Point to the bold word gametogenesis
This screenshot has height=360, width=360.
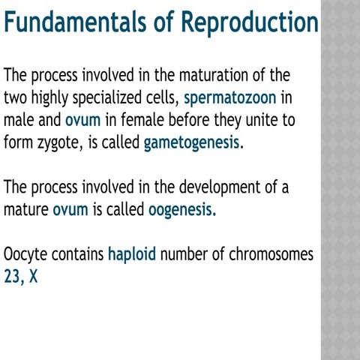click(x=193, y=142)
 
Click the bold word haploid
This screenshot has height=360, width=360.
click(x=132, y=254)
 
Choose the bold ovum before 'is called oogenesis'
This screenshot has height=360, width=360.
click(x=70, y=209)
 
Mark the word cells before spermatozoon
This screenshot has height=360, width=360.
click(x=160, y=97)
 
